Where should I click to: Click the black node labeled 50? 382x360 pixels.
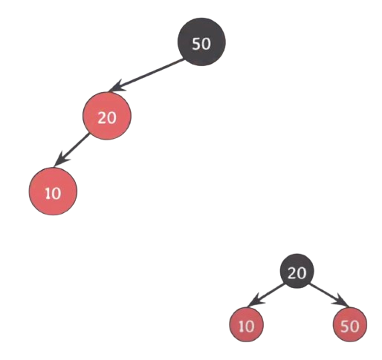[201, 42]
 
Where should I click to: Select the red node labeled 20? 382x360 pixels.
[107, 116]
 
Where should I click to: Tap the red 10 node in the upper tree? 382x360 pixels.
[53, 192]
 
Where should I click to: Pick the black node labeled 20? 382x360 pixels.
[297, 271]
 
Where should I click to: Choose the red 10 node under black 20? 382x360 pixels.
[246, 324]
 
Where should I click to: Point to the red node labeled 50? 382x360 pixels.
[350, 324]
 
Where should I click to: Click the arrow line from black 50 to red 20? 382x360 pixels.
[146, 74]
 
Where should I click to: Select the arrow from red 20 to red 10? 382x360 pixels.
[72, 150]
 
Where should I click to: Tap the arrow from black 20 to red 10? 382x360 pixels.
[265, 295]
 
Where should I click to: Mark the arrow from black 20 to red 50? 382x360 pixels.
[329, 295]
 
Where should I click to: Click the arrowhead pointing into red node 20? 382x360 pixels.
[117, 86]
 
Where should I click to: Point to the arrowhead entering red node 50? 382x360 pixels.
[341, 301]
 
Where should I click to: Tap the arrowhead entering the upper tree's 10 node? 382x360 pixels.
[61, 160]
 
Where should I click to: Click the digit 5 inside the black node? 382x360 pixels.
[196, 44]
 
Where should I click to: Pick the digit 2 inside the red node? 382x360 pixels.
[103, 118]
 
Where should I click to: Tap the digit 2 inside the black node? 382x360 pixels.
[292, 273]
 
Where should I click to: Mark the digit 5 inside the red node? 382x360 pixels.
[346, 327]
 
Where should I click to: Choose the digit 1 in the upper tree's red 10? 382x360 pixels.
[48, 194]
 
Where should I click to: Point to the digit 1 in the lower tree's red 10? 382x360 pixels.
[242, 327]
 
